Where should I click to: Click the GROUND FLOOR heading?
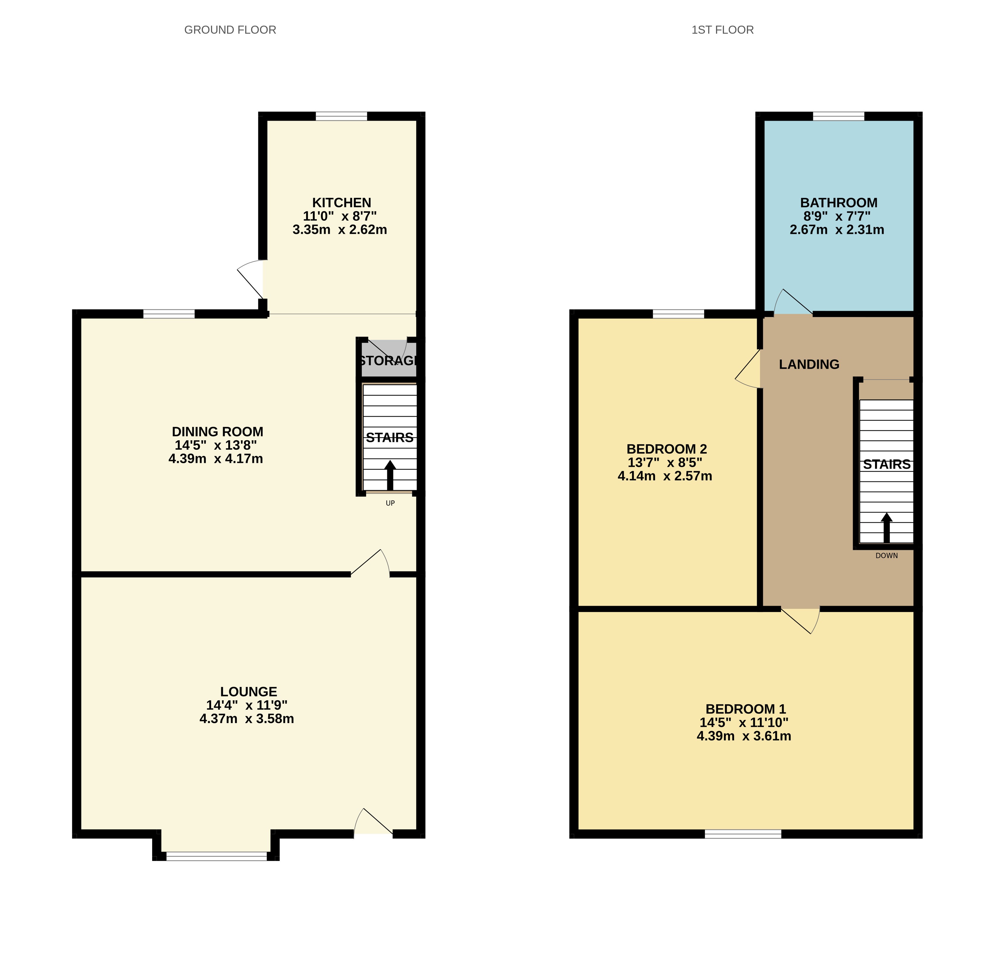coord(230,30)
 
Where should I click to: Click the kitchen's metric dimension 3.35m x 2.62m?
coord(340,230)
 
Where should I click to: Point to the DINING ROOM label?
coord(218,432)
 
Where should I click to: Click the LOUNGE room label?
coord(248,692)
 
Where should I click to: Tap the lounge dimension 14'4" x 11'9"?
coord(246,705)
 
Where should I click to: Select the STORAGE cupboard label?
coord(388,361)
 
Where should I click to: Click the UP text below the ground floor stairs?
coord(390,503)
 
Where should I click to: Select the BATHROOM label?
coord(839,203)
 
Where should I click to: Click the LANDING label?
coord(809,365)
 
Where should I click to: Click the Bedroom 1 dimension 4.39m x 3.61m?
coord(744,736)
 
